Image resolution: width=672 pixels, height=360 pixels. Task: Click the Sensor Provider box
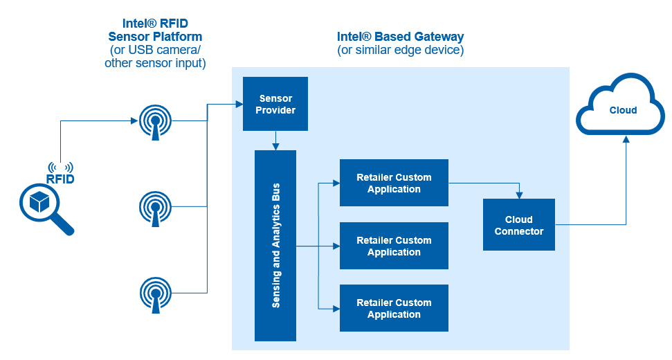pyautogui.click(x=275, y=104)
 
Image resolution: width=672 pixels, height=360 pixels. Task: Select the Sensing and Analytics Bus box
pyautogui.click(x=275, y=246)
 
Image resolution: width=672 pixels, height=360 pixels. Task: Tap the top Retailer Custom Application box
pyautogui.click(x=394, y=183)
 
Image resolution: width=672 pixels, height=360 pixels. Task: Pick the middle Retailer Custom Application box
pyautogui.click(x=394, y=246)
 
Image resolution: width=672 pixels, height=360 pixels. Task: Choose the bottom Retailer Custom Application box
pyautogui.click(x=394, y=308)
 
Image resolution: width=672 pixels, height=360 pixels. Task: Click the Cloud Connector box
pyautogui.click(x=518, y=225)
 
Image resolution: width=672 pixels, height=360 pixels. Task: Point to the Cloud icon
pyautogui.click(x=623, y=111)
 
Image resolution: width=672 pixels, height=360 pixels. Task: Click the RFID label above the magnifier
pyautogui.click(x=60, y=179)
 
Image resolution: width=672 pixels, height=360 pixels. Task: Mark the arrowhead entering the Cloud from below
pyautogui.click(x=626, y=139)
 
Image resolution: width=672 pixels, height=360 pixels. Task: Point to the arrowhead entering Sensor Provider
pyautogui.click(x=238, y=105)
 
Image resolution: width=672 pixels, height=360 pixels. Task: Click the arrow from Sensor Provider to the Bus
pyautogui.click(x=275, y=141)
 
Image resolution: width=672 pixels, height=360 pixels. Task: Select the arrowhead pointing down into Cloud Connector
pyautogui.click(x=518, y=195)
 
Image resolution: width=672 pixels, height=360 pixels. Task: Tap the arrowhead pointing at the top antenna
pyautogui.click(x=134, y=121)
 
